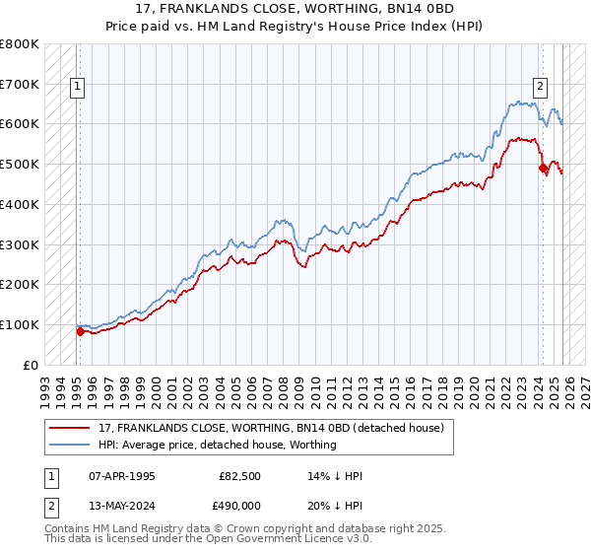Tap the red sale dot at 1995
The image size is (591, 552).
coord(80,331)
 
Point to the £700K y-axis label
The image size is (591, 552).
coord(20,84)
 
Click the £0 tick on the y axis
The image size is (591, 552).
coord(31,365)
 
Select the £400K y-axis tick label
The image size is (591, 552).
coord(20,204)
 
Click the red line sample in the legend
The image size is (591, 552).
coord(70,428)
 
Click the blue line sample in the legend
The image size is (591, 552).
coord(70,445)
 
